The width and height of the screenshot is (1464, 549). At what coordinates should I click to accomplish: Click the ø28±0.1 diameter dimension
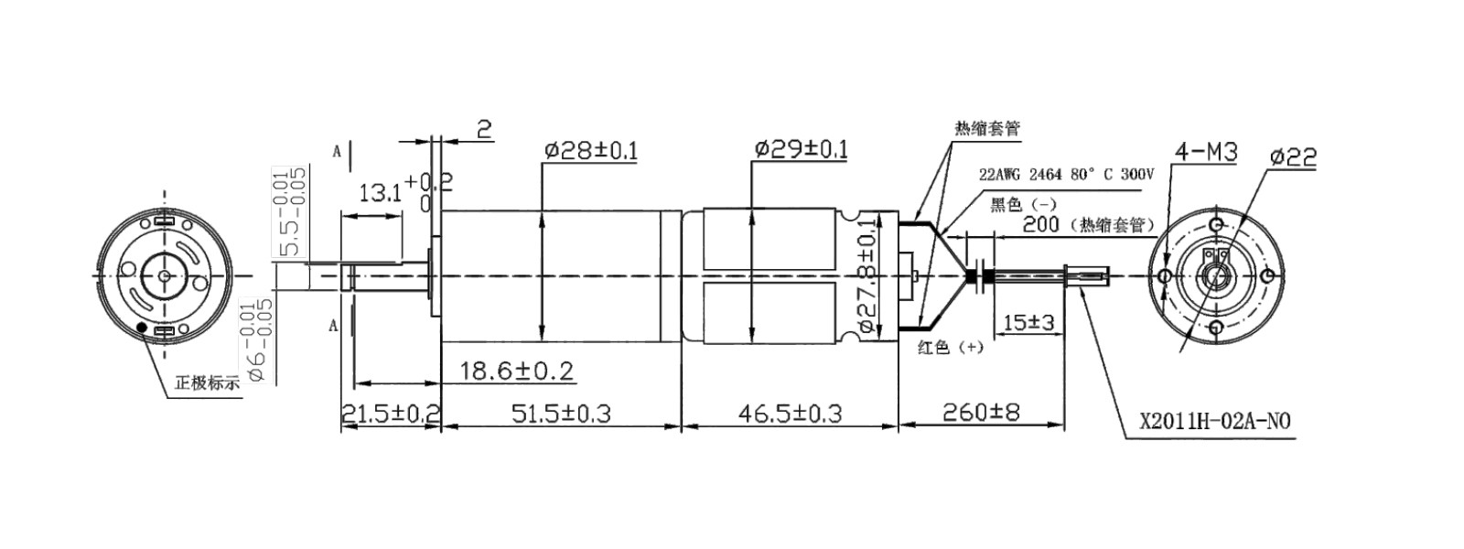click(591, 150)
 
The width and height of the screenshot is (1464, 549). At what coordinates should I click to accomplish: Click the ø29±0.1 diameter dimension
click(802, 149)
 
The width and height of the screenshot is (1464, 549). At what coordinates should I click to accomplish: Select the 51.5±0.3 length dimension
click(561, 414)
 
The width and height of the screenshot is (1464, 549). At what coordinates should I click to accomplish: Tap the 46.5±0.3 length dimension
click(790, 414)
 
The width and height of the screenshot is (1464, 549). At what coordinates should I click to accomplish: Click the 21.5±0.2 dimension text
click(391, 414)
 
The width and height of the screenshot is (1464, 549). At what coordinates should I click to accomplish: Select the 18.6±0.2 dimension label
click(516, 371)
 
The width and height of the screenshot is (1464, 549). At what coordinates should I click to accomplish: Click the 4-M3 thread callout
click(1205, 152)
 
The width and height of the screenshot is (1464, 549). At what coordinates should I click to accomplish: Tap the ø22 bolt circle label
click(1293, 157)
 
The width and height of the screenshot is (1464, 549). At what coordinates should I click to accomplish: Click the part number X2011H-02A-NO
click(1215, 422)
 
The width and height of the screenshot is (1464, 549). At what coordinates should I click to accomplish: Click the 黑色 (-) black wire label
click(1024, 204)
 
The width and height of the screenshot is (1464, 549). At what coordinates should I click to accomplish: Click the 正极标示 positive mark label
click(207, 383)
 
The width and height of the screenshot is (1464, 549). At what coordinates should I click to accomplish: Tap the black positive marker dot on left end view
click(142, 328)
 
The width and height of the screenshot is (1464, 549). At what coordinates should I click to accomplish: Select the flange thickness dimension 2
click(484, 128)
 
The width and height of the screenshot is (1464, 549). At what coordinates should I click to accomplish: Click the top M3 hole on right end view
click(1215, 225)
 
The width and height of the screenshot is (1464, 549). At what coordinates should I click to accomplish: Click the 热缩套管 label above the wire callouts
click(986, 128)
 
